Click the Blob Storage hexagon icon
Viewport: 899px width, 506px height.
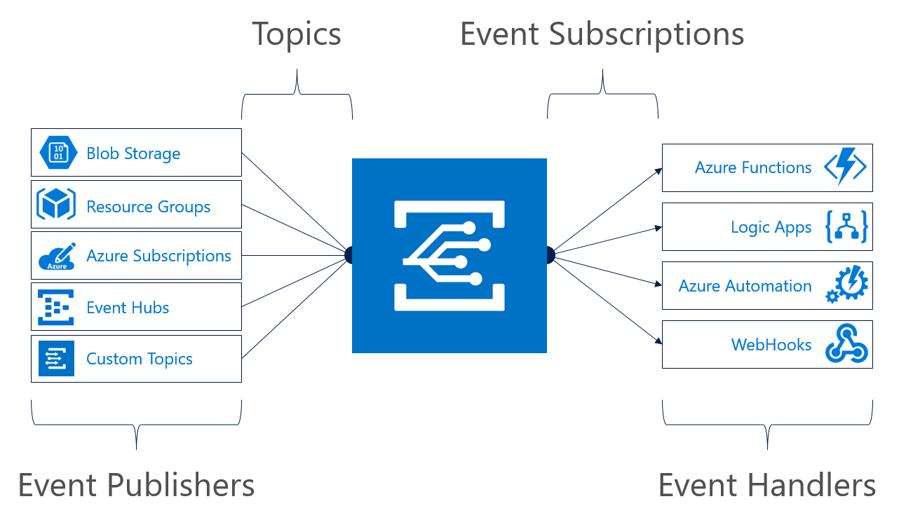coord(59,153)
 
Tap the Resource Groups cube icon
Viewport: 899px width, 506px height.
coord(56,205)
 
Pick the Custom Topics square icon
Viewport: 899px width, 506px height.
coord(56,359)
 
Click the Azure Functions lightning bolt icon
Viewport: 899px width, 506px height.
coord(845,167)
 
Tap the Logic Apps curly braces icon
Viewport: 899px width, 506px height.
coord(847,227)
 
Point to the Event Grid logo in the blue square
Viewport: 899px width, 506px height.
coord(449,256)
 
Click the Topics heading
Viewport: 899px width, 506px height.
coord(297,34)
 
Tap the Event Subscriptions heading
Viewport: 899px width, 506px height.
coord(602,34)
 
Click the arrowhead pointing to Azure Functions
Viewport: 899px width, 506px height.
coord(658,170)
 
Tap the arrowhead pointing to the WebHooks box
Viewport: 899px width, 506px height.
coord(658,342)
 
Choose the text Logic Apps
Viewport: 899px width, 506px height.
coord(771,228)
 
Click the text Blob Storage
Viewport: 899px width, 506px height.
coord(133,153)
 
